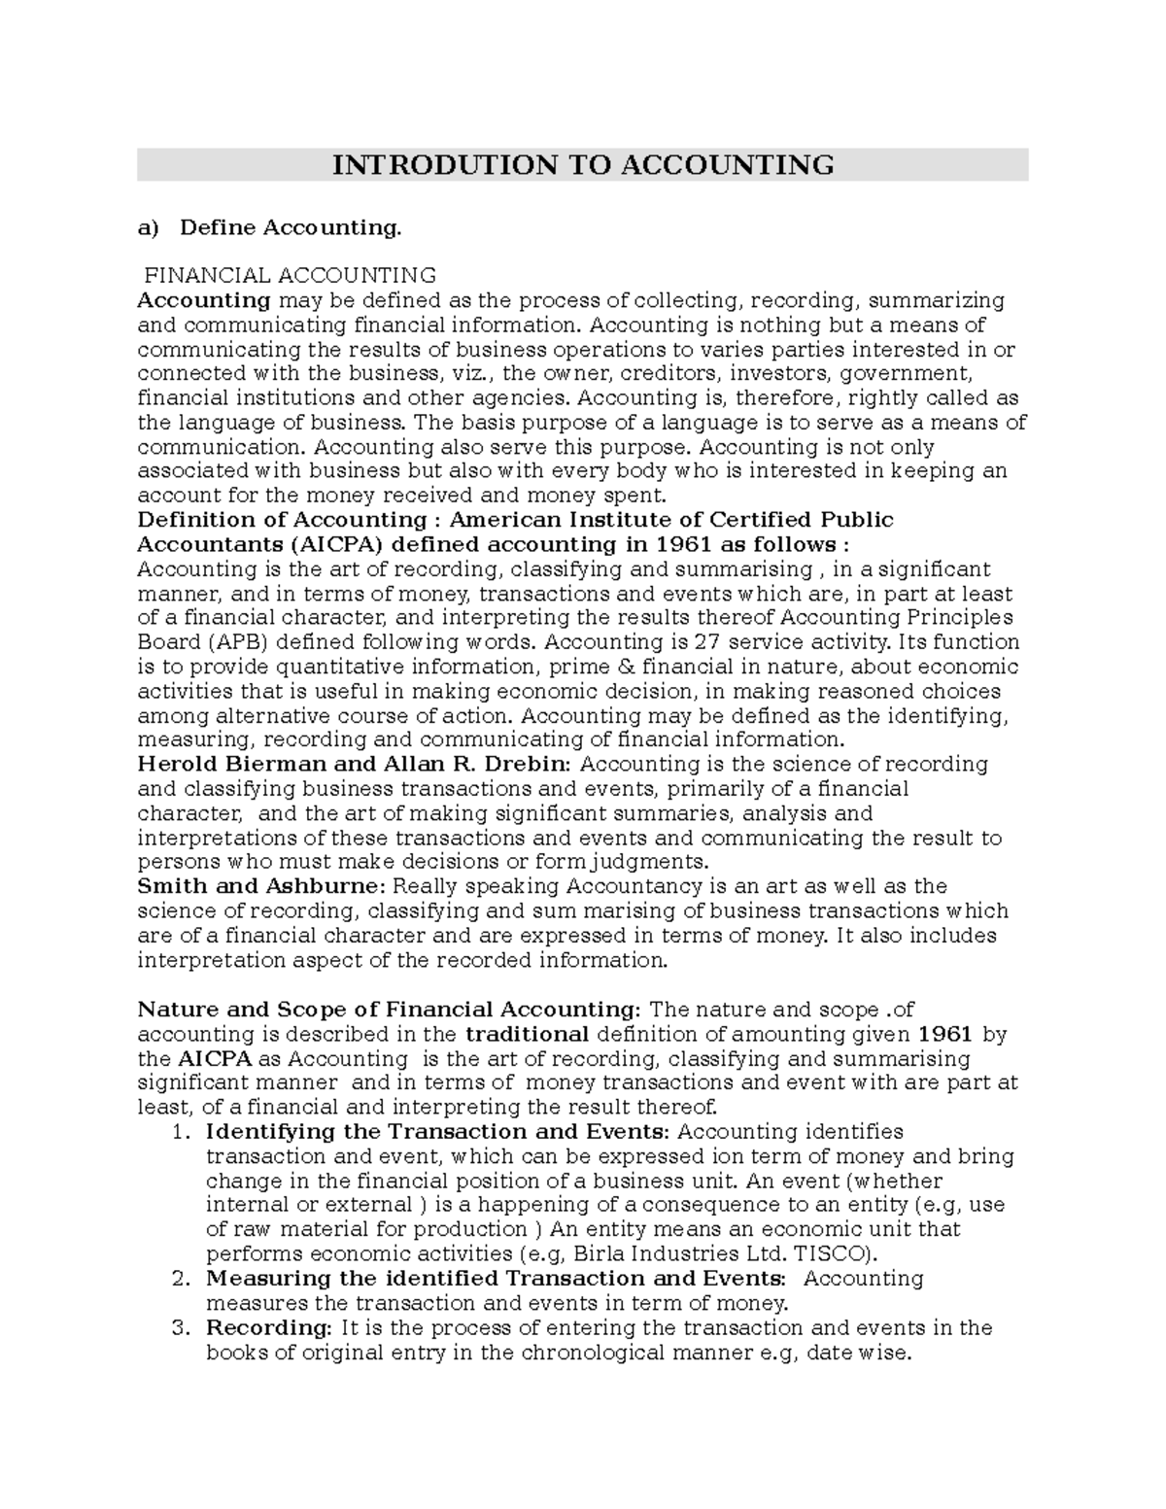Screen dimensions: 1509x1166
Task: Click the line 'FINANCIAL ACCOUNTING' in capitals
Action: [290, 276]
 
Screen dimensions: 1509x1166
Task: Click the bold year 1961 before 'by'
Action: [944, 1034]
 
